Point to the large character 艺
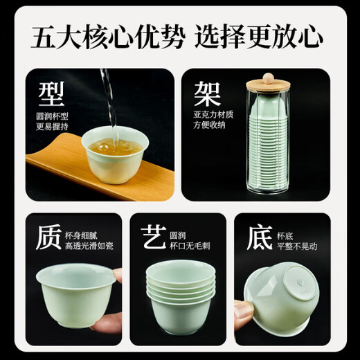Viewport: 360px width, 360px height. click(153, 239)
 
